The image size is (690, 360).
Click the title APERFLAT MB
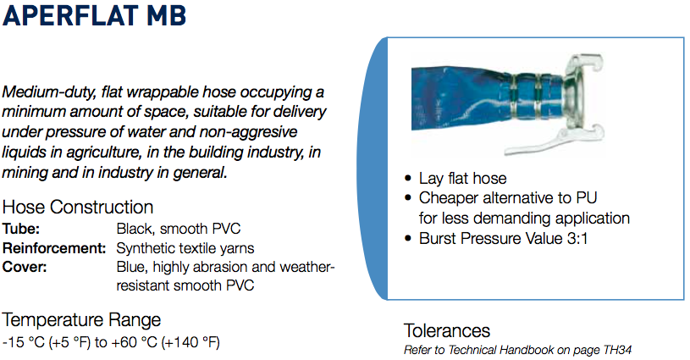click(x=94, y=15)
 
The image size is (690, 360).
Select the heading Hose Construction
click(x=78, y=208)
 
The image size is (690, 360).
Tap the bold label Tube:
click(x=20, y=229)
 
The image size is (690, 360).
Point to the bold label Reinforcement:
click(x=54, y=248)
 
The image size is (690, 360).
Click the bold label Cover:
click(x=25, y=267)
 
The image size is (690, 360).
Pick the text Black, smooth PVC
click(x=179, y=229)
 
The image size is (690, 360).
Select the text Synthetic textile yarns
click(x=185, y=248)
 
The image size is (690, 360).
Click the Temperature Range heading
click(x=81, y=320)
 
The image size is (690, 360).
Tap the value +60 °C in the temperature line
click(x=135, y=342)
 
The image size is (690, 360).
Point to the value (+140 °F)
click(x=190, y=342)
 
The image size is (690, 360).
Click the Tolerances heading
click(x=447, y=331)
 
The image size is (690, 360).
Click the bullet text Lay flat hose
click(x=462, y=179)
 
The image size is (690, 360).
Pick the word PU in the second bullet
click(x=587, y=198)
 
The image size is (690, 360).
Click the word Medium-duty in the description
click(x=48, y=93)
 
